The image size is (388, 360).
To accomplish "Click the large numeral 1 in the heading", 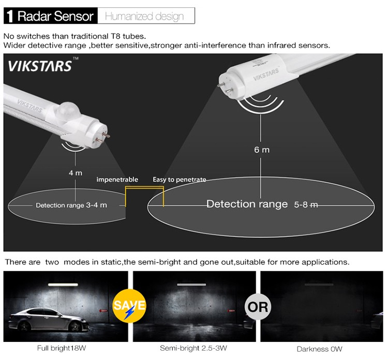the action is [10, 17].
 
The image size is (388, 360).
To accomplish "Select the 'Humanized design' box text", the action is [144, 17].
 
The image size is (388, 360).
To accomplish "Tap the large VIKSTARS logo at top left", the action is [40, 66].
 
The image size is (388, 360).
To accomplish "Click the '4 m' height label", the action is [76, 172].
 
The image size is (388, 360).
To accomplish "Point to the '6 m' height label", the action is [262, 150].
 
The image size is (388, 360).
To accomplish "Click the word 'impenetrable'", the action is [117, 179].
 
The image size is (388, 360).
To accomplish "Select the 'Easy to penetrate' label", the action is [180, 179].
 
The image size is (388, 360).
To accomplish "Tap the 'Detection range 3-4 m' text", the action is [71, 205].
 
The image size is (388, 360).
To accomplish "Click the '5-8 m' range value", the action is [306, 205].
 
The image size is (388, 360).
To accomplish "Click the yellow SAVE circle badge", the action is [129, 306].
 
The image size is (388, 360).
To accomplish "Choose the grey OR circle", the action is [258, 307].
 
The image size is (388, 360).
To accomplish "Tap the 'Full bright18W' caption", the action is [62, 348].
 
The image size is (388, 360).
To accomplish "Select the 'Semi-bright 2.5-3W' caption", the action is [193, 348].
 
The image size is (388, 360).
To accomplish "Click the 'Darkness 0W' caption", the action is [320, 349].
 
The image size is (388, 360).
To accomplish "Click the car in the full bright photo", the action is [49, 320].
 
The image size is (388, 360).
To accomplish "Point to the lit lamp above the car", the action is [63, 285].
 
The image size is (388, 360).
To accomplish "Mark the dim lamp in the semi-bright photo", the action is [191, 285].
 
